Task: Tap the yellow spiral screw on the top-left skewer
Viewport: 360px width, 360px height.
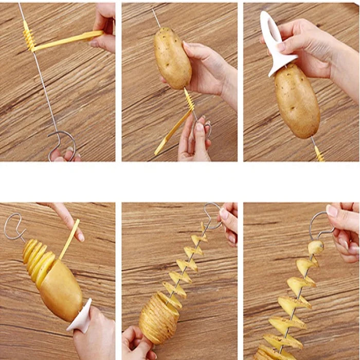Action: point(28,39)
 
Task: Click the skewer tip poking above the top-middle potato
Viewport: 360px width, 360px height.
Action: point(155,18)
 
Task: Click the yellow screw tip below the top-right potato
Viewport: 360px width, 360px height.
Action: point(319,153)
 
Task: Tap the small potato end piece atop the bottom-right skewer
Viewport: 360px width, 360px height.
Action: point(316,247)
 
